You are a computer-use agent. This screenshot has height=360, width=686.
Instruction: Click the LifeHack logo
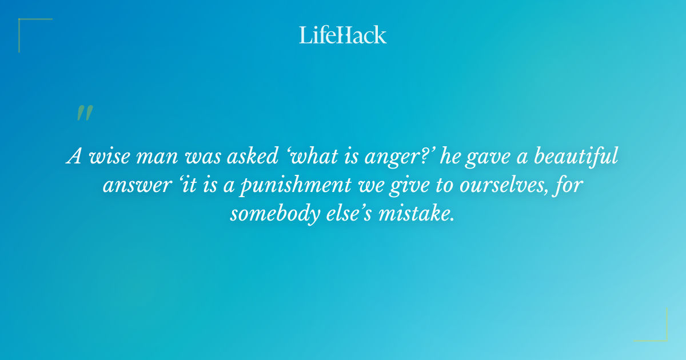click(343, 35)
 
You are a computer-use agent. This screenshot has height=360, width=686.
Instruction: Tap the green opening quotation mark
click(85, 113)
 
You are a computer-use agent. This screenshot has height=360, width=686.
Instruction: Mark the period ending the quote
click(453, 221)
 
